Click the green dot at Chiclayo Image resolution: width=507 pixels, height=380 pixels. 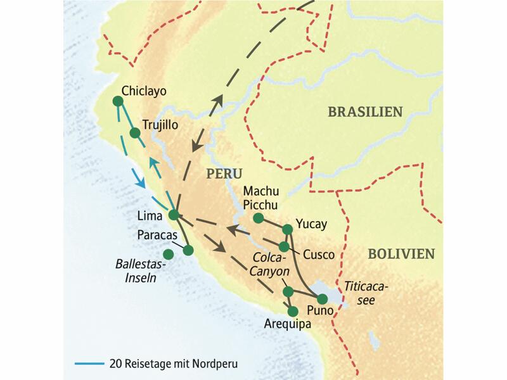[117, 101]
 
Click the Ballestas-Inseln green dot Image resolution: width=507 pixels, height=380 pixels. [168, 255]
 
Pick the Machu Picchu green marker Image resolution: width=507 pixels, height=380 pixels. [258, 218]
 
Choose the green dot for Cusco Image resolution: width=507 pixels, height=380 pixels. [285, 246]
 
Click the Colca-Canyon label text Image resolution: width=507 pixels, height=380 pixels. [271, 265]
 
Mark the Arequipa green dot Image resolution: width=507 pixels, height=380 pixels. [293, 311]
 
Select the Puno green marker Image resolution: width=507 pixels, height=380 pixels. [323, 298]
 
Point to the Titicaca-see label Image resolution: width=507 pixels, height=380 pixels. [364, 293]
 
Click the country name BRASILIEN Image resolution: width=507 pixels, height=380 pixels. [365, 111]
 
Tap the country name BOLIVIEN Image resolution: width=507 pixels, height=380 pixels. [401, 254]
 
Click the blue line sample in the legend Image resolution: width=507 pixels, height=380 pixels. [91, 363]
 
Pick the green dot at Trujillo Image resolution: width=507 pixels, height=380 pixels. [134, 132]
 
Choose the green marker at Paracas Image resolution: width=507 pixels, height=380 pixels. [188, 250]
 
